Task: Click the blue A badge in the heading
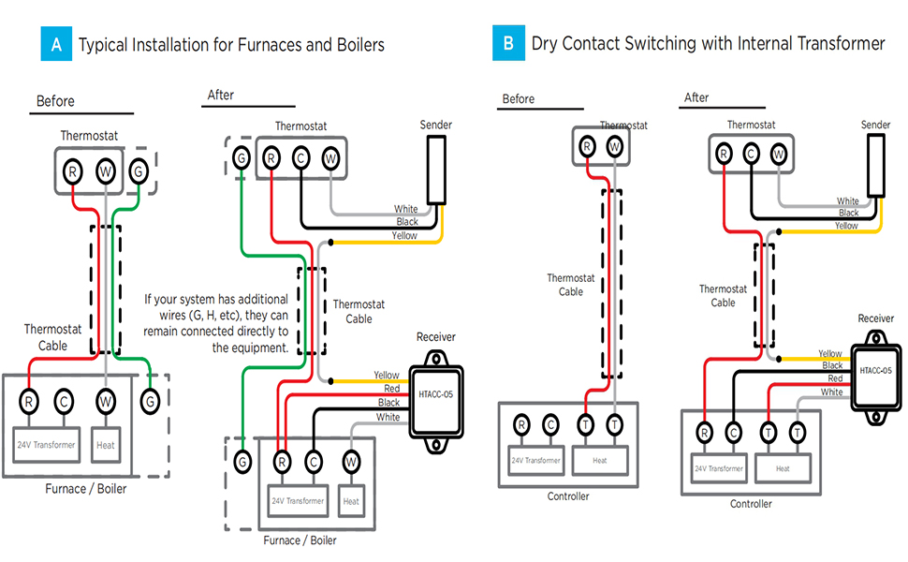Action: point(56,44)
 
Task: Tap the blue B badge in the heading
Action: point(508,44)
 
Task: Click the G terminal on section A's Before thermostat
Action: point(139,171)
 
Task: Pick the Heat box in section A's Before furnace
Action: point(106,445)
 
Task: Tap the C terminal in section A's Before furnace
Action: point(63,401)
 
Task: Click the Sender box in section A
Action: point(436,169)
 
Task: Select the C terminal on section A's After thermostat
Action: point(300,158)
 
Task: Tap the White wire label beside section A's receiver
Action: point(388,418)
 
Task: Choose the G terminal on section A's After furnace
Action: point(242,461)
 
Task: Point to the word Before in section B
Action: point(519,98)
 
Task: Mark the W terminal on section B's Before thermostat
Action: point(614,146)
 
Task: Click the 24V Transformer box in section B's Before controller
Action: point(535,461)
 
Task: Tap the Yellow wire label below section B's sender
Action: point(846,226)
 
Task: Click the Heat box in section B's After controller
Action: point(783,468)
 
